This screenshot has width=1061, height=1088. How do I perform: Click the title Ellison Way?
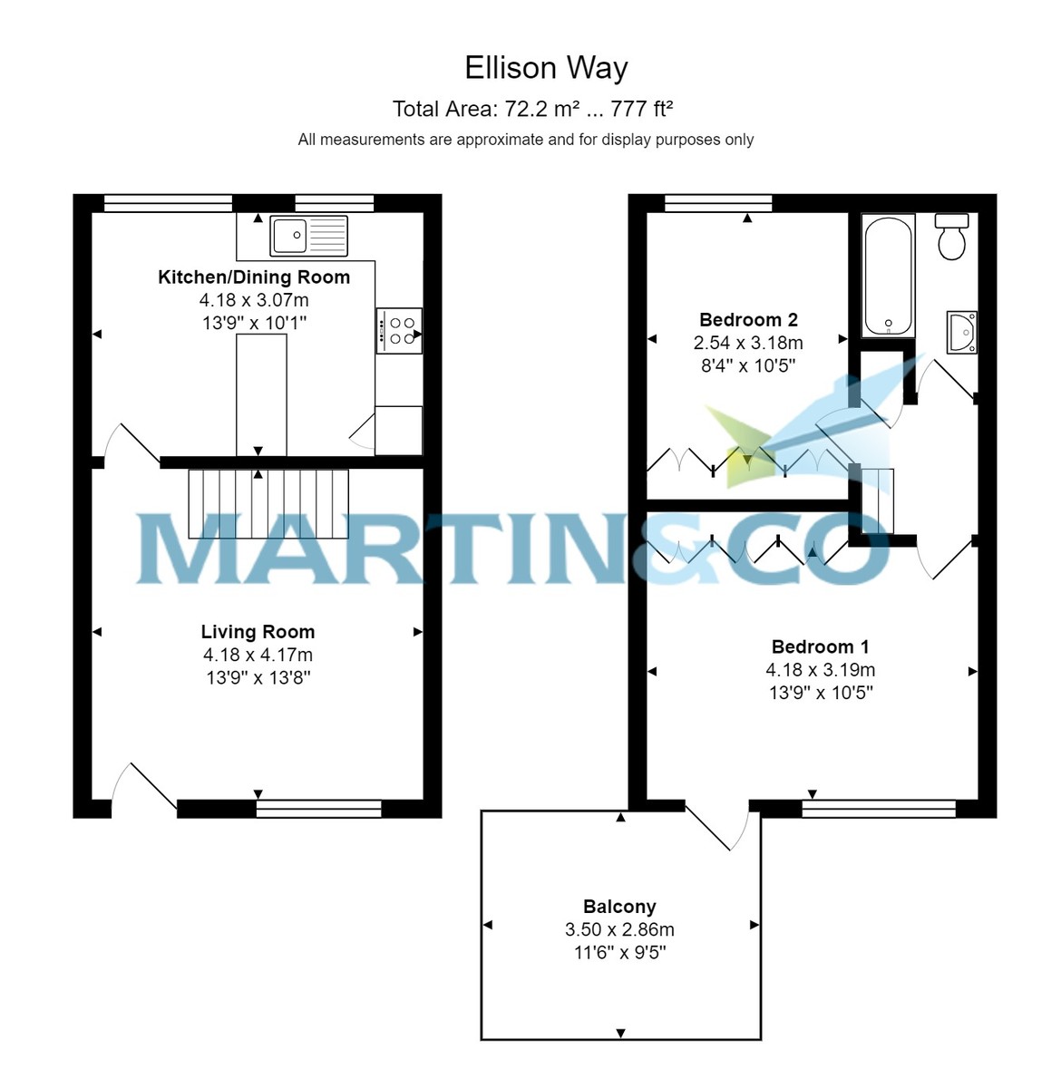click(x=546, y=68)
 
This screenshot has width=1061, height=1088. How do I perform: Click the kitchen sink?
click(x=308, y=236)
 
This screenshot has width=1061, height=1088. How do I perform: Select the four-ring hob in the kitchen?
click(x=399, y=331)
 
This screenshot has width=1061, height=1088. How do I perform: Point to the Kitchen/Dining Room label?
click(x=254, y=277)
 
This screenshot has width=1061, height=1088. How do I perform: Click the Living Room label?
click(x=258, y=632)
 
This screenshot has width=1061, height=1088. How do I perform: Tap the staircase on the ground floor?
click(x=268, y=503)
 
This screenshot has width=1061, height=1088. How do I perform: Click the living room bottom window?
click(x=318, y=808)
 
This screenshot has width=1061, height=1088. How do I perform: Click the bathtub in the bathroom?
click(x=888, y=276)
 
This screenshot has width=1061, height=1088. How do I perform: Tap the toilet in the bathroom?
click(x=951, y=238)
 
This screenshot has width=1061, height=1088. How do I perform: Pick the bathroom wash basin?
click(x=962, y=332)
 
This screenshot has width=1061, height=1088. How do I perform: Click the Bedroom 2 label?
click(x=748, y=320)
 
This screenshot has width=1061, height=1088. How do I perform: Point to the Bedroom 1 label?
click(x=820, y=647)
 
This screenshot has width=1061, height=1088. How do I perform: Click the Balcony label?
click(x=619, y=907)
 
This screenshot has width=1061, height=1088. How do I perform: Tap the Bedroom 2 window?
click(x=718, y=203)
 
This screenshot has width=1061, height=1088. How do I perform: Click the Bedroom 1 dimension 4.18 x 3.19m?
click(x=820, y=670)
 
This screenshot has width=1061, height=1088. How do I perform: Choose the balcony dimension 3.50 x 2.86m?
click(x=619, y=929)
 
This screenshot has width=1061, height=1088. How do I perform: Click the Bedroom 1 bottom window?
click(x=879, y=808)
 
